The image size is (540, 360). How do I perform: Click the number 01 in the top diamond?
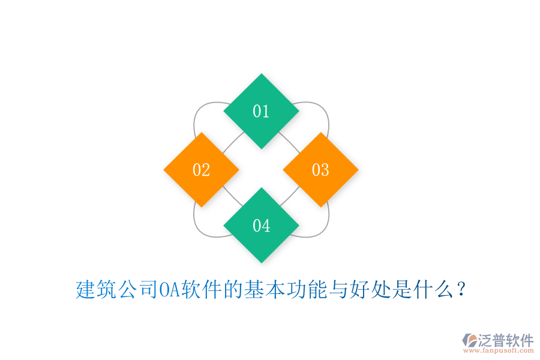pyautogui.click(x=261, y=112)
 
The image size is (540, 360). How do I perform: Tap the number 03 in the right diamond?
pyautogui.click(x=320, y=170)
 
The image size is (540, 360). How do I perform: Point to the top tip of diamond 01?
pyautogui.click(x=261, y=75)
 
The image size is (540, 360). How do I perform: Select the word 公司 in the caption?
pyautogui.click(x=138, y=290)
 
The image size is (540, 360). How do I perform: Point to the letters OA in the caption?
pyautogui.click(x=169, y=290)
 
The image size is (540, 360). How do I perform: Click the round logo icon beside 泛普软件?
pyautogui.click(x=469, y=340)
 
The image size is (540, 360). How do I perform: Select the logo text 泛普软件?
pyautogui.click(x=506, y=340)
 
